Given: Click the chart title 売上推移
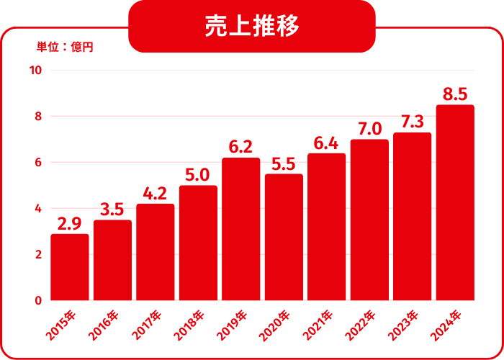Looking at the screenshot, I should tap(252, 27).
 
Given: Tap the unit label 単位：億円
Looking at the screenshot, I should tap(66, 48).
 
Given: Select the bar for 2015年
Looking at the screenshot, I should tap(70, 267).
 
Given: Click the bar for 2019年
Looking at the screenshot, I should tap(240, 229).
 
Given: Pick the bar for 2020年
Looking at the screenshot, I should tap(284, 237).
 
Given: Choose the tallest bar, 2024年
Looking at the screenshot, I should tap(455, 202).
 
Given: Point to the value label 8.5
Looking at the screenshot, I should tap(455, 94).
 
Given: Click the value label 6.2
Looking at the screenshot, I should tap(240, 147).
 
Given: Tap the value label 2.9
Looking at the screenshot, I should tap(69, 223).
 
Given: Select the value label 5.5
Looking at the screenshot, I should tap(284, 163).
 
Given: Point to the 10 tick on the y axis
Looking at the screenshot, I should tap(35, 71).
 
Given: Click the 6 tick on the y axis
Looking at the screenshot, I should tap(38, 163).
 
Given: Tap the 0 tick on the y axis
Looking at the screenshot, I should tap(38, 301).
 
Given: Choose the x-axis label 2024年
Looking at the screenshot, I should tap(447, 325).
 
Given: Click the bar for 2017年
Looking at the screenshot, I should tap(155, 252).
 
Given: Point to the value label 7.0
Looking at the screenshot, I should tap(369, 129).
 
